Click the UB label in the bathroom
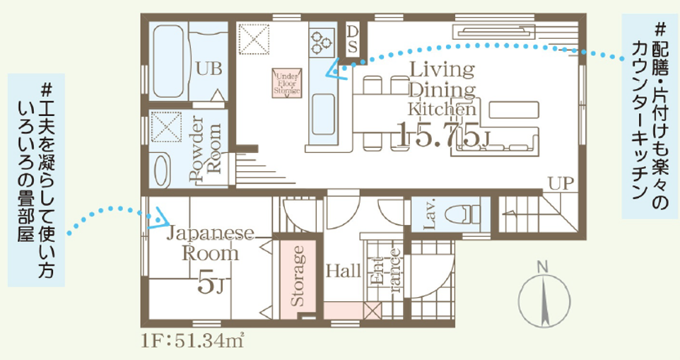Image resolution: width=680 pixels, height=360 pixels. [x=209, y=69]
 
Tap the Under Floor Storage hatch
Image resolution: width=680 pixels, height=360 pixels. [x=287, y=83]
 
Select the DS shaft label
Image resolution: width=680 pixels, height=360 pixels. [x=353, y=39]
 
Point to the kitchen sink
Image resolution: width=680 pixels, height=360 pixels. [x=323, y=114]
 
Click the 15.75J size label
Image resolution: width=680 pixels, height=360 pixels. [x=444, y=134]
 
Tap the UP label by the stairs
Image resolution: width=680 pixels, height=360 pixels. [x=561, y=183]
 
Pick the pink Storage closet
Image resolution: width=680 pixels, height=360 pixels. [x=298, y=277]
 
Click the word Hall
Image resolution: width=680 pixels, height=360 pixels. [x=343, y=272]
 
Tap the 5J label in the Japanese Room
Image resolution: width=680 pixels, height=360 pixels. [x=211, y=284]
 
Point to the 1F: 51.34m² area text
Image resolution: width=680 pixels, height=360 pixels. [x=192, y=341]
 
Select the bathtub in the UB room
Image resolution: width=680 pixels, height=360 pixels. [x=168, y=61]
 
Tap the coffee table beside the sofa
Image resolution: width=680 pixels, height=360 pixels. [x=514, y=110]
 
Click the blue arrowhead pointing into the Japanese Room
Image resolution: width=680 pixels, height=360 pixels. [x=159, y=218]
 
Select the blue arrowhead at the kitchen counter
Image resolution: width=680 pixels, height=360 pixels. [x=336, y=70]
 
